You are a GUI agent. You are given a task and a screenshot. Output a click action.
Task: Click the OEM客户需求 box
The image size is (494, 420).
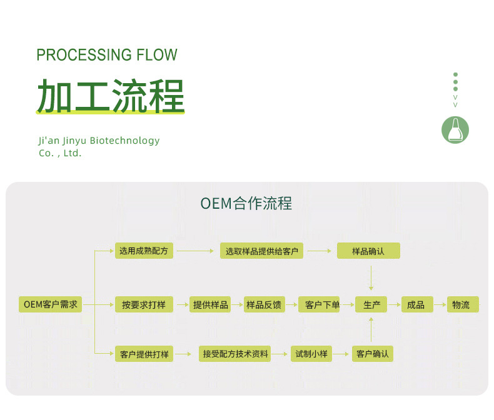coord(50,304)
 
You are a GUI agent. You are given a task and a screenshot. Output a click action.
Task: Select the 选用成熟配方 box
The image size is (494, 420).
coord(144,251)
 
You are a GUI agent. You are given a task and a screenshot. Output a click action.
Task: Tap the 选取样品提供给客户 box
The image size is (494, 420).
coord(262,251)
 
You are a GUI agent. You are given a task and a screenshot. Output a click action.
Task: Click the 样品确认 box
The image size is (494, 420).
coord(368,251)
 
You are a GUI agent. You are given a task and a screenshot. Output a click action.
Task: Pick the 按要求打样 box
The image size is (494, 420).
coord(144,304)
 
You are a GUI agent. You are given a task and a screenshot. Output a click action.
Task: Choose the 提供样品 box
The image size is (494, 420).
coord(211,304)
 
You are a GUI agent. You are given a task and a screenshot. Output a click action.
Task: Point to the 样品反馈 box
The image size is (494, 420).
coord(264,304)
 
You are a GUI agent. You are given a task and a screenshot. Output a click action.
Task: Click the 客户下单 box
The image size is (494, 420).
coord(318,304)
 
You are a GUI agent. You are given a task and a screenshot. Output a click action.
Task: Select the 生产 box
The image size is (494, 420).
coord(371,304)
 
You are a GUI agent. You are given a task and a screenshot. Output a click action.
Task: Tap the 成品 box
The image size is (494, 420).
coord(416,304)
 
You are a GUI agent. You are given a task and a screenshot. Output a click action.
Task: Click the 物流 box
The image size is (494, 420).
coord(461,304)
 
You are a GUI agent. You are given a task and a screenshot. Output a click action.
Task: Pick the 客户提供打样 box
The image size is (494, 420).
coord(144,354)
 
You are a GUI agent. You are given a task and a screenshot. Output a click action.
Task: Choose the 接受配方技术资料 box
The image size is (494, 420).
coord(235,354)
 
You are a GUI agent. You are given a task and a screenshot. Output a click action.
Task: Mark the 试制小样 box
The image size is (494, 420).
coord(311,354)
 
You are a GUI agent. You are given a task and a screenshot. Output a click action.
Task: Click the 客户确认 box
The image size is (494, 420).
coord(372,354)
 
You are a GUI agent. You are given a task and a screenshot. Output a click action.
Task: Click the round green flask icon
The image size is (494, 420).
coord(455,130)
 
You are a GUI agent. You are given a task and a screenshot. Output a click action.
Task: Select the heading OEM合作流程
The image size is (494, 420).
coord(246,204)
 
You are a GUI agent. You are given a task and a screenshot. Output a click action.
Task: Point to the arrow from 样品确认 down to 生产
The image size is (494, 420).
coord(371,277)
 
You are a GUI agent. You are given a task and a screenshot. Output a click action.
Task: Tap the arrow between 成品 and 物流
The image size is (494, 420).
coord(438,305)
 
